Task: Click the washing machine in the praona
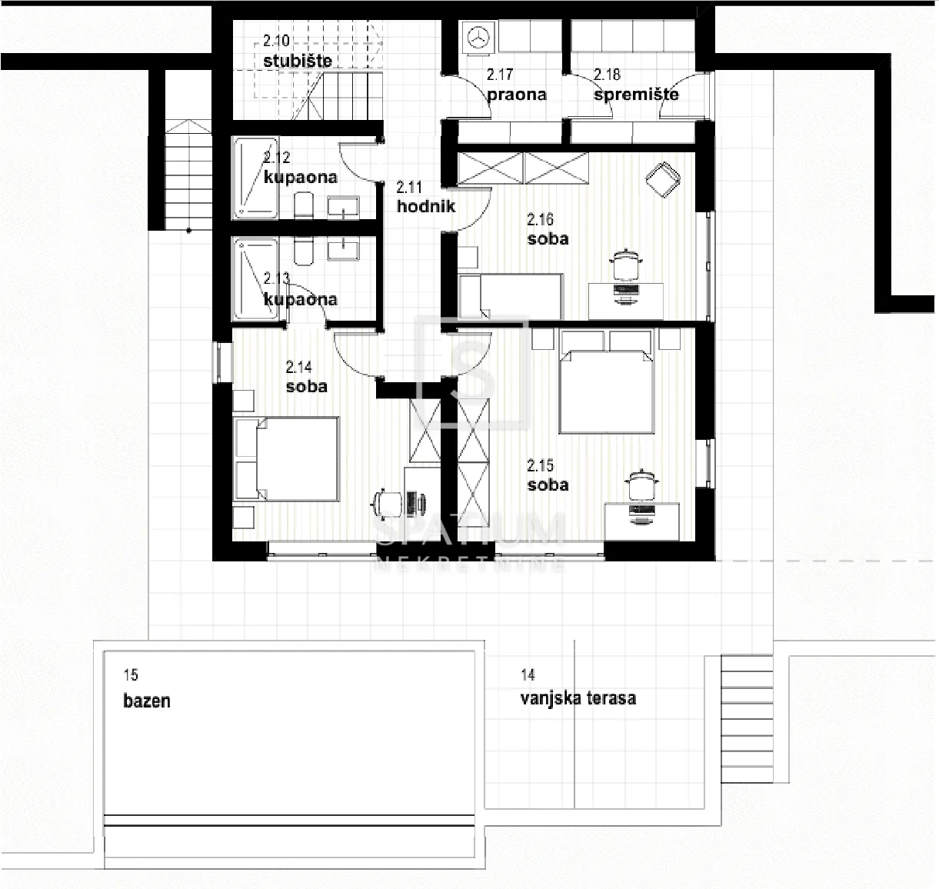pyautogui.click(x=478, y=37)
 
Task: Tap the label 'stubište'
pyautogui.click(x=298, y=62)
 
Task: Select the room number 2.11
pyautogui.click(x=409, y=187)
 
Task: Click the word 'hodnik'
pyautogui.click(x=426, y=206)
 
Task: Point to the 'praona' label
pyautogui.click(x=517, y=95)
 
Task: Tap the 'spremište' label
pyautogui.click(x=636, y=94)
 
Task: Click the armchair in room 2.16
pyautogui.click(x=663, y=178)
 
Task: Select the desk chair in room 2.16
pyautogui.click(x=626, y=265)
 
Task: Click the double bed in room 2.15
pyautogui.click(x=607, y=391)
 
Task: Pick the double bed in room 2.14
pyautogui.click(x=287, y=458)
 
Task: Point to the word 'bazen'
pyautogui.click(x=147, y=701)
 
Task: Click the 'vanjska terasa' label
pyautogui.click(x=578, y=699)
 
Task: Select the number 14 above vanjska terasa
pyautogui.click(x=528, y=674)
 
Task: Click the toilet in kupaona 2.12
pyautogui.click(x=303, y=205)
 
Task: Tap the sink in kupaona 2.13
pyautogui.click(x=343, y=250)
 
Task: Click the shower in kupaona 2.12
pyautogui.click(x=255, y=178)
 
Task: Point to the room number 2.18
pyautogui.click(x=607, y=75)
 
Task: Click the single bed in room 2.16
pyautogui.click(x=511, y=296)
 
